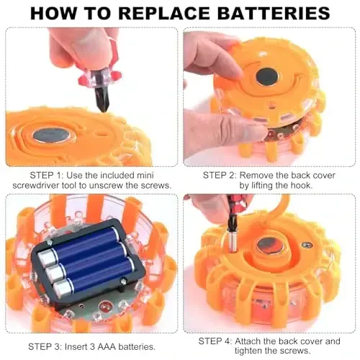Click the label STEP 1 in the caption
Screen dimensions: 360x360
[48, 174]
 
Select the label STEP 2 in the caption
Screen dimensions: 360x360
[220, 174]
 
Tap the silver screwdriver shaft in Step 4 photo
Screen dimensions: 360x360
[232, 233]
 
